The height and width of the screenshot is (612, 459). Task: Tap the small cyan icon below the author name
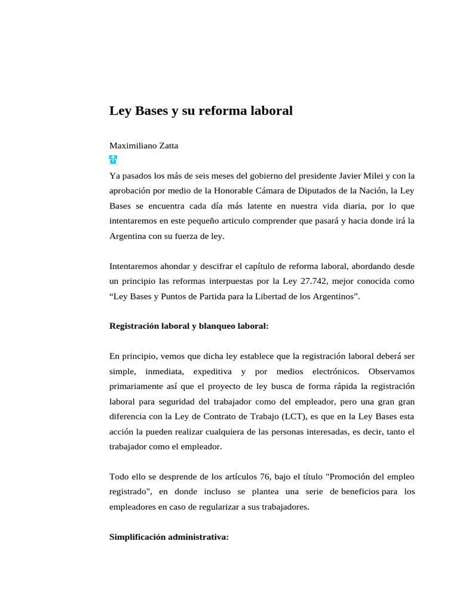[113, 160]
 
